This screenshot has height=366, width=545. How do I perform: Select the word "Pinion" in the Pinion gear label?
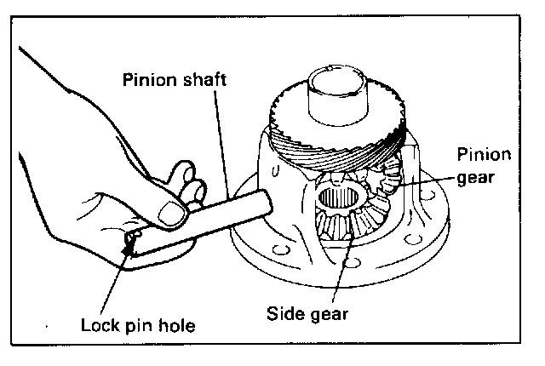click(x=484, y=155)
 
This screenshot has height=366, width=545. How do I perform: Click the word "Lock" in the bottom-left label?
click(x=99, y=324)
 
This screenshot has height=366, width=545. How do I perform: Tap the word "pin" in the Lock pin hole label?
click(x=144, y=326)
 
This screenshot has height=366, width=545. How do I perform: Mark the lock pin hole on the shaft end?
click(x=132, y=239)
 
